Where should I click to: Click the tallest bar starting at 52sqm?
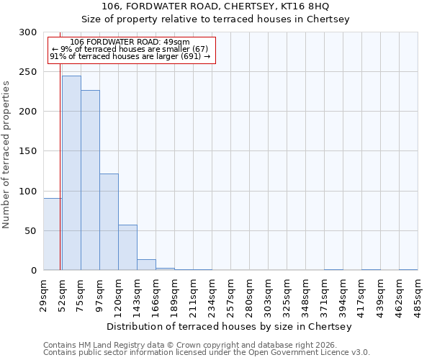click(71, 173)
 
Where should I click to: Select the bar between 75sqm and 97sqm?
click(90, 180)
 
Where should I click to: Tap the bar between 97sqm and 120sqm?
click(109, 222)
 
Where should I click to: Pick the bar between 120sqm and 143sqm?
click(127, 248)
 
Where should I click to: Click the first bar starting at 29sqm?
click(53, 234)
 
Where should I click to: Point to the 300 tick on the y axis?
click(28, 32)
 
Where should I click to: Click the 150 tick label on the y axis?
click(28, 151)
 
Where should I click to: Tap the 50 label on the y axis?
click(31, 231)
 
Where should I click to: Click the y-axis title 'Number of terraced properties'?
click(6, 155)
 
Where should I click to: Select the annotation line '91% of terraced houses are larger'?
click(130, 56)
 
